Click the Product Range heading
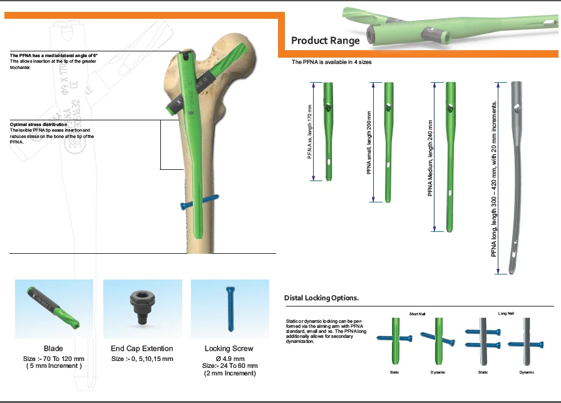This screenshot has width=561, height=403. click(x=326, y=41)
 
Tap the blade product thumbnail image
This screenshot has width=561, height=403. click(x=54, y=308)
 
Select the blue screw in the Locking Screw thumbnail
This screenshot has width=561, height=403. click(x=229, y=307)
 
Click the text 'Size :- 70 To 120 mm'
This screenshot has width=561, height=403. click(x=54, y=359)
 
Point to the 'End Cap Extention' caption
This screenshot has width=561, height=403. click(x=142, y=348)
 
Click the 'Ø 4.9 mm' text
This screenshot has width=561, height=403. click(x=230, y=358)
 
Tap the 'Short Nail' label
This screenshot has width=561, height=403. click(x=418, y=313)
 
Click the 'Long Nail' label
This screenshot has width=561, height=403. click(x=506, y=313)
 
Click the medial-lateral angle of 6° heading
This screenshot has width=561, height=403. click(x=54, y=56)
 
